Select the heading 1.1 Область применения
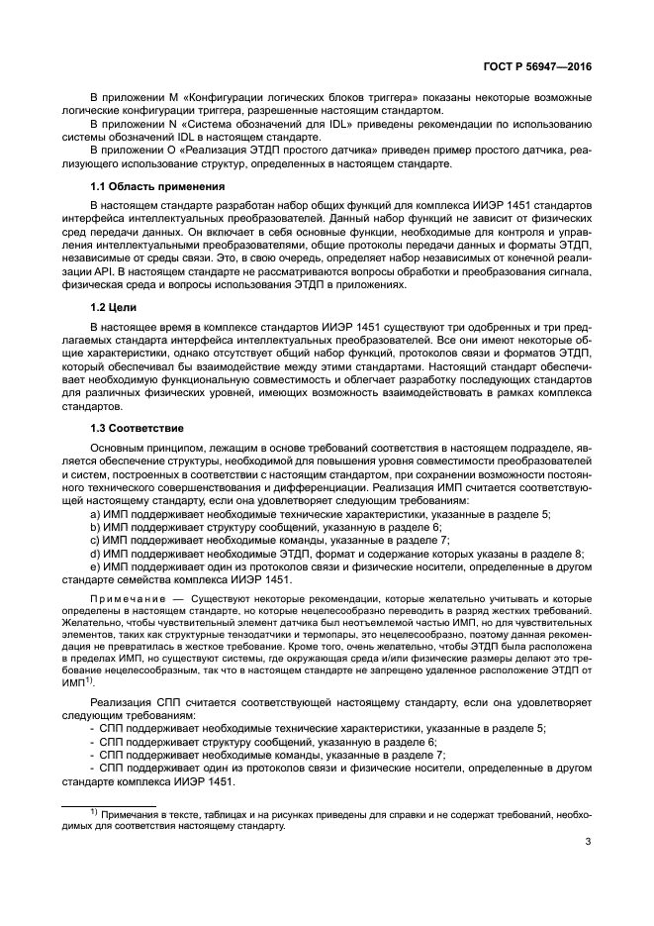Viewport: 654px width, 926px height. (157, 186)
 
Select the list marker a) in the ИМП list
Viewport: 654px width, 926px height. (95, 513)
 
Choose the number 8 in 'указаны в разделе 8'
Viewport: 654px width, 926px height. (580, 555)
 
